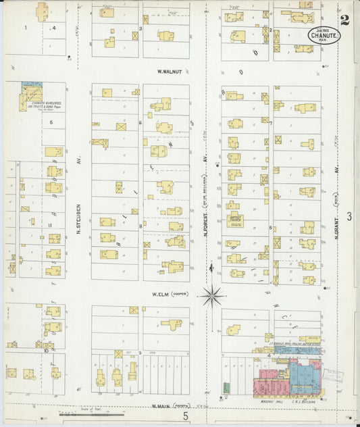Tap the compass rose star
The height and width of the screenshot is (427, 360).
coord(213,295)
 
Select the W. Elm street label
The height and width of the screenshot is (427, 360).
coord(159,295)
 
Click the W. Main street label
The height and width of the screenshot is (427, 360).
coord(159,406)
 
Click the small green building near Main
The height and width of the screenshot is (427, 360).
coord(226,388)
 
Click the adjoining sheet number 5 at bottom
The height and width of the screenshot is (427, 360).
coord(186,417)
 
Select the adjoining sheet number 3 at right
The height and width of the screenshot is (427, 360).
coord(349,216)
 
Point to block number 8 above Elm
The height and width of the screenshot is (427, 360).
coord(140,226)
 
